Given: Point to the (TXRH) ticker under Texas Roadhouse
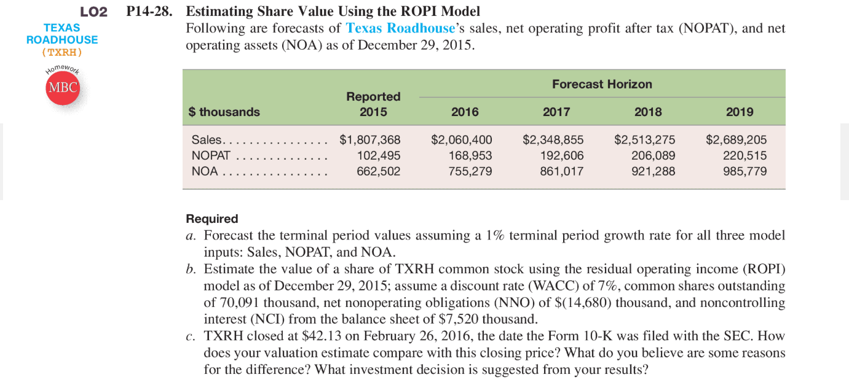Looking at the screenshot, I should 61,52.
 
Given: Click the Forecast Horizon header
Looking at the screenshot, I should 602,84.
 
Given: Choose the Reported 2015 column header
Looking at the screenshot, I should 373,104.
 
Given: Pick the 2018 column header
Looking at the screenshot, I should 648,112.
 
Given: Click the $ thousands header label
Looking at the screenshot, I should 224,112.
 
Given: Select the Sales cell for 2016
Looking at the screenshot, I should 461,139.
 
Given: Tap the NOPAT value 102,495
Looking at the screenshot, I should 379,155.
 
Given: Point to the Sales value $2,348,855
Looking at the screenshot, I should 553,139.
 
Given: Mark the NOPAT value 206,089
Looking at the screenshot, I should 654,155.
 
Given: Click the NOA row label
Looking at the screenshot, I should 205,171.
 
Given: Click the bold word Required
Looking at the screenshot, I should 211,219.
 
